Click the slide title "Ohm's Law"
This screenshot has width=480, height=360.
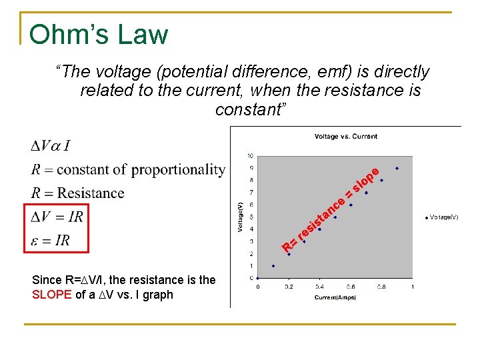(99, 34)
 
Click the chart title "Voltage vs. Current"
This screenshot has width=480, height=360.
(345, 137)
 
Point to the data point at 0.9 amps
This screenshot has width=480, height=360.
(397, 168)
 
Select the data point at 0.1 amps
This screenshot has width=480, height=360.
(273, 266)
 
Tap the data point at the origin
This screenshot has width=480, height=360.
(258, 278)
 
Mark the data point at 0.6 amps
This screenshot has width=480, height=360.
(351, 205)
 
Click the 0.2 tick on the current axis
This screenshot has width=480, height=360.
(289, 287)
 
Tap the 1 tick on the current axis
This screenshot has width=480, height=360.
(412, 287)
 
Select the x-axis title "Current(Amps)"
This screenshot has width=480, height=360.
(335, 297)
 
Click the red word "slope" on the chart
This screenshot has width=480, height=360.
(366, 181)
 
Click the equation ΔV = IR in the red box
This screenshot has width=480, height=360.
(57, 217)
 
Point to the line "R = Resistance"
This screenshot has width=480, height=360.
(77, 193)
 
